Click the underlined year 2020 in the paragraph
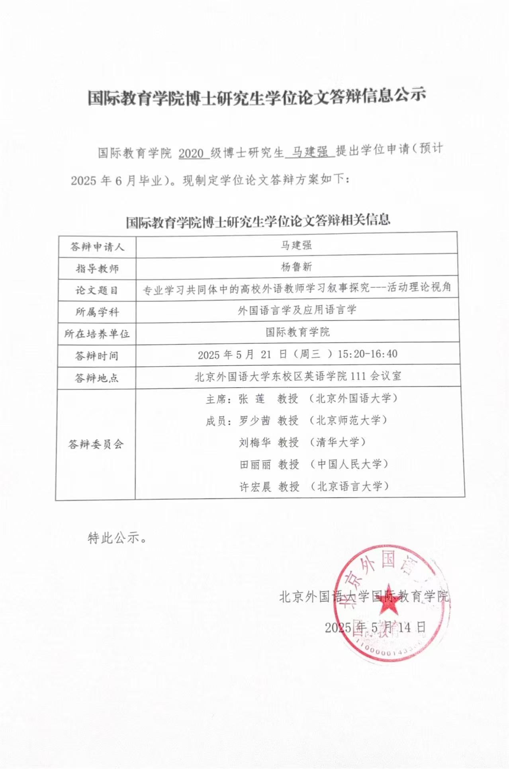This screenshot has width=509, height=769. pos(192,153)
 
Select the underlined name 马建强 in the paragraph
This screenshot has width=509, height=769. pos(310,152)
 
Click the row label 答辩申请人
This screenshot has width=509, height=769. pos(97,247)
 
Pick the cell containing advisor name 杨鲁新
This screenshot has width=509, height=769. pos(296,267)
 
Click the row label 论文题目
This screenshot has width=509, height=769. pos(97,291)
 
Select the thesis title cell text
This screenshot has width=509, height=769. pos(297,288)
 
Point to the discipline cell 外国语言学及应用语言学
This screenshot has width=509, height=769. pos(297,310)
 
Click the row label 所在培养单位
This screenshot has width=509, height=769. pos(97,334)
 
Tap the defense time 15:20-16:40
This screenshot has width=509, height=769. pos(367,354)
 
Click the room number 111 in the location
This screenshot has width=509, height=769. pos(358,376)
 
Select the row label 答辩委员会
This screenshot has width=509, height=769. pos(96,444)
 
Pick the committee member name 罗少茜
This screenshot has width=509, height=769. pos(254,421)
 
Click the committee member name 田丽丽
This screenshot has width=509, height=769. pos(255,465)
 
